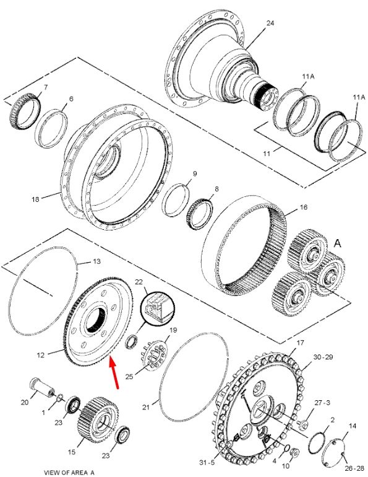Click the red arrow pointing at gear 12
pyautogui.click(x=114, y=373)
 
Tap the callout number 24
pyautogui.click(x=270, y=23)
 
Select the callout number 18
pyautogui.click(x=35, y=199)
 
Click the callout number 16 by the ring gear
pyautogui.click(x=303, y=207)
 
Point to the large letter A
pyautogui.click(x=337, y=243)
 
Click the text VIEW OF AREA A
pyautogui.click(x=69, y=473)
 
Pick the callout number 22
pyautogui.click(x=139, y=282)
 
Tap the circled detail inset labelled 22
pyautogui.click(x=158, y=308)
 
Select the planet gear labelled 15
pyautogui.click(x=98, y=419)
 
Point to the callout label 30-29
pyautogui.click(x=323, y=357)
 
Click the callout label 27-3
pyautogui.click(x=322, y=403)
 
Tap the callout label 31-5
pyautogui.click(x=207, y=463)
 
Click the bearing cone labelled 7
pyautogui.click(x=25, y=111)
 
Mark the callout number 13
pyautogui.click(x=96, y=261)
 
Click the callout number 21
pyautogui.click(x=146, y=406)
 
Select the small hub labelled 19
pyautogui.click(x=154, y=355)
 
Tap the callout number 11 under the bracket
pyautogui.click(x=267, y=154)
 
